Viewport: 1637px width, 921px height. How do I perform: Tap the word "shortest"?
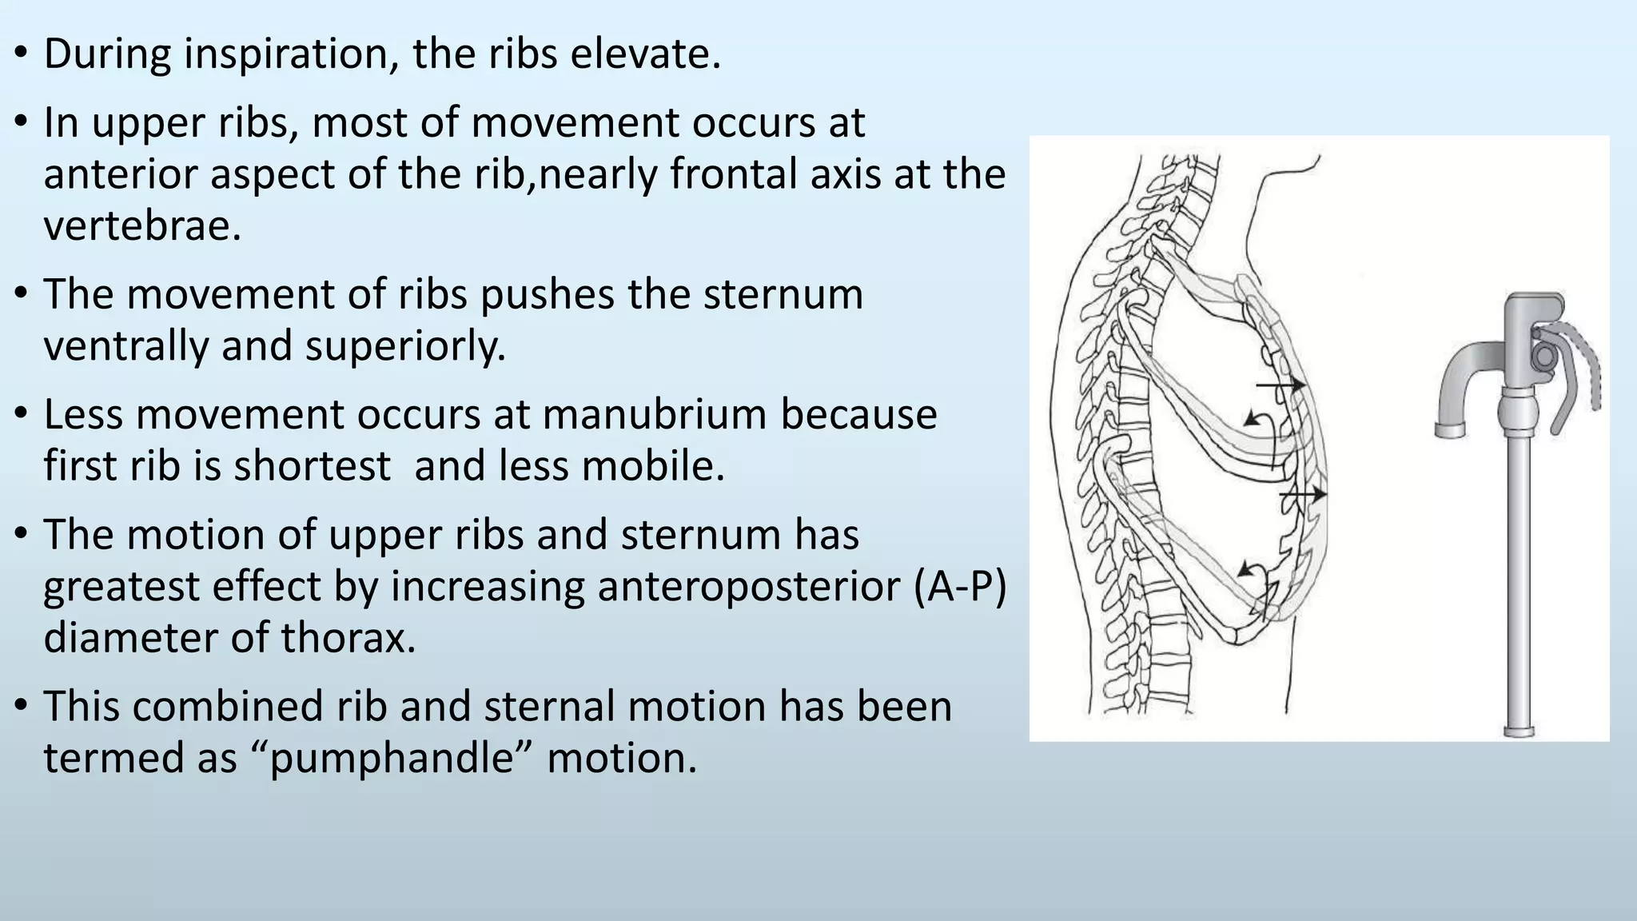[x=312, y=465]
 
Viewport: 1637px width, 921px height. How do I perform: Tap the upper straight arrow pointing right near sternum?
[x=1280, y=386]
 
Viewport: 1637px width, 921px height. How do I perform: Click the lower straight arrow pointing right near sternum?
[x=1302, y=496]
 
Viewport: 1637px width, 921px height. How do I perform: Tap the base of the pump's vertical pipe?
[x=1518, y=728]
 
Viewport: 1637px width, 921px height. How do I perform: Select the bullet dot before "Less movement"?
[x=22, y=415]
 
